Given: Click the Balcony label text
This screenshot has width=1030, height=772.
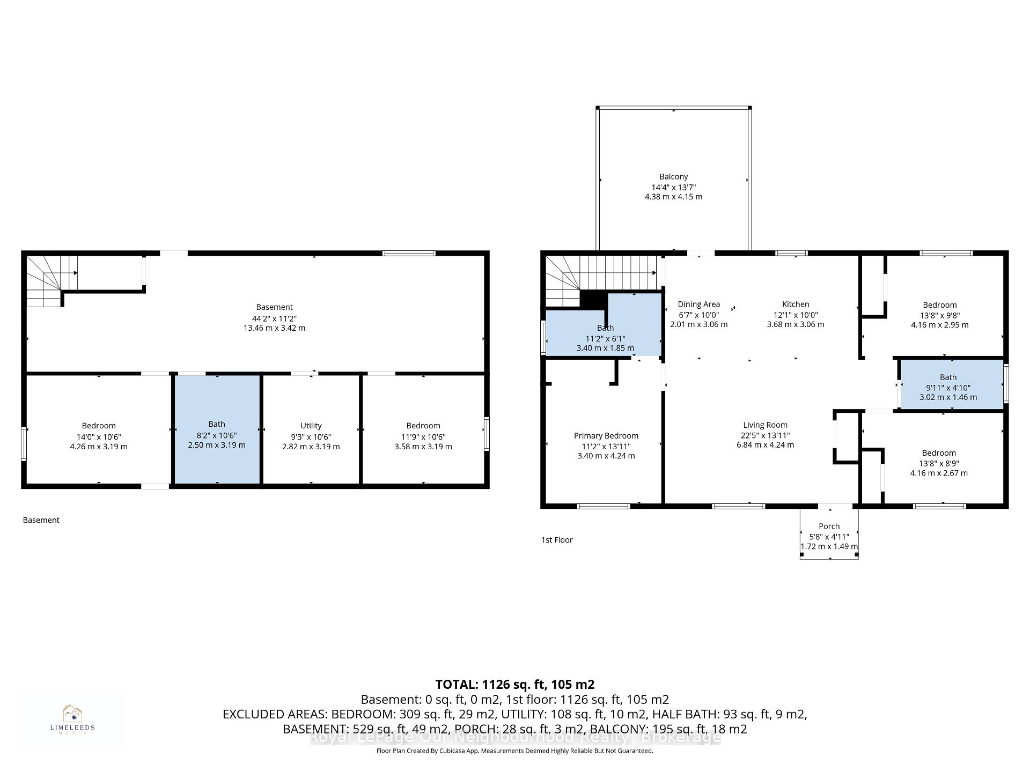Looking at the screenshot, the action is [x=673, y=176].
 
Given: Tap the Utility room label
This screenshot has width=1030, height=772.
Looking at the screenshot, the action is [x=311, y=426].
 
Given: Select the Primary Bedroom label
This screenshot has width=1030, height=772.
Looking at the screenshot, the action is [x=606, y=436].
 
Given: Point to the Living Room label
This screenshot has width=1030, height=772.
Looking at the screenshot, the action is [x=765, y=425].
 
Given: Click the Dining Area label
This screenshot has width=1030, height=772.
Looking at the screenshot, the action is [x=698, y=305].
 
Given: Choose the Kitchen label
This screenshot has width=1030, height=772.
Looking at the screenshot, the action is [x=796, y=304].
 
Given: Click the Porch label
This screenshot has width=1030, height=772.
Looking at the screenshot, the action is [x=829, y=526].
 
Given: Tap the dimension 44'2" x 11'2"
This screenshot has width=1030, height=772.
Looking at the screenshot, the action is [x=275, y=318].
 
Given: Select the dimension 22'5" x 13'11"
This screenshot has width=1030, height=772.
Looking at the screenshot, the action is [x=766, y=435].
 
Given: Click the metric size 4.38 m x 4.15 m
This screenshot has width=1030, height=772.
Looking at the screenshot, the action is [x=673, y=197].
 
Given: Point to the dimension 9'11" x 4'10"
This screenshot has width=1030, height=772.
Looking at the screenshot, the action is [x=948, y=388].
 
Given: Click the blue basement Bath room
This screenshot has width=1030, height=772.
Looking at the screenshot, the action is [x=217, y=429].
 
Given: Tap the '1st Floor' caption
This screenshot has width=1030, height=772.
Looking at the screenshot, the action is [x=557, y=540].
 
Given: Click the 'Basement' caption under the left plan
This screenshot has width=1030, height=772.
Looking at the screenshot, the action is [x=41, y=520].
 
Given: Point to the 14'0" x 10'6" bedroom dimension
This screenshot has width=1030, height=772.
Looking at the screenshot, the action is [x=99, y=437].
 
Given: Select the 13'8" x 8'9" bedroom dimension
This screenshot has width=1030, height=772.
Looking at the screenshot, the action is [x=939, y=463].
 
